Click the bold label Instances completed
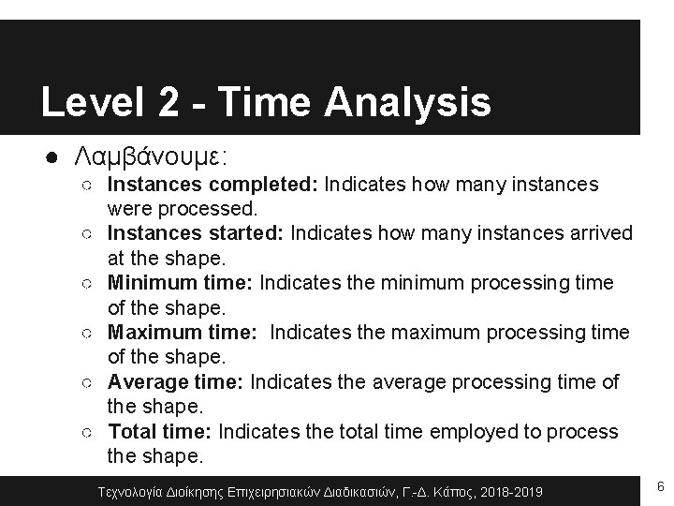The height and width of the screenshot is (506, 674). coord(214,185)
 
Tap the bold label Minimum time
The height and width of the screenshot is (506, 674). coord(181,283)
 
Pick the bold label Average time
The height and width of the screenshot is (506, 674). coord(177,382)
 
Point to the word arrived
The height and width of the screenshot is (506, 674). coord(600,233)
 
